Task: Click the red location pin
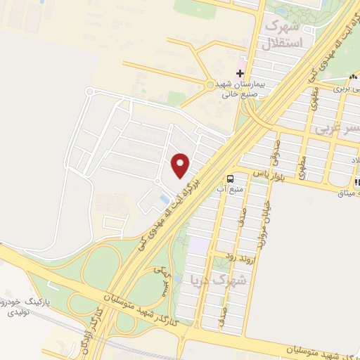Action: [181, 165]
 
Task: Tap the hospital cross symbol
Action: [240, 72]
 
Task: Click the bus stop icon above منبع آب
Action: [230, 178]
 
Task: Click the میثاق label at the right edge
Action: [347, 193]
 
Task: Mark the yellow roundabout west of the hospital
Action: [210, 85]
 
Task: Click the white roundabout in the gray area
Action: [89, 92]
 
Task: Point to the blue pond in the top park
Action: [281, 11]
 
